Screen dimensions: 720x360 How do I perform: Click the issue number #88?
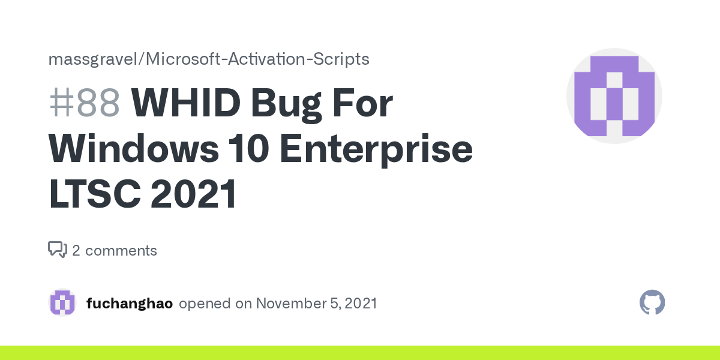(85, 103)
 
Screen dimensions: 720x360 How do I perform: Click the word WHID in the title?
(186, 103)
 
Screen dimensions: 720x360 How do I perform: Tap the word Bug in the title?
(286, 105)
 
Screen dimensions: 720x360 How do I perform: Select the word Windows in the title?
(134, 148)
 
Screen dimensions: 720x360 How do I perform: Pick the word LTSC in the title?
(95, 193)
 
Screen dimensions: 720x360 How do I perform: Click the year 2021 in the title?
(193, 193)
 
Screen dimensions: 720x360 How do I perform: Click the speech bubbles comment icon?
(58, 250)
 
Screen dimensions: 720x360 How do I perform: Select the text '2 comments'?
(115, 250)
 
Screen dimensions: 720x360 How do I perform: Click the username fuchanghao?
(130, 304)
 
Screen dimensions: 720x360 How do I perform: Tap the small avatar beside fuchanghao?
(62, 302)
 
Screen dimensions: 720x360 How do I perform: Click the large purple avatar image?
(614, 96)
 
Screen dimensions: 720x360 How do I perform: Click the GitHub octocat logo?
(652, 302)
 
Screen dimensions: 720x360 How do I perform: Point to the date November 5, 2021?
(316, 304)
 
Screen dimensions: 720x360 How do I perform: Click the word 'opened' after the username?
(205, 304)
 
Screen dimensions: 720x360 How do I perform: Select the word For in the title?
(362, 103)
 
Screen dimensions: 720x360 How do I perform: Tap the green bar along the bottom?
(360, 353)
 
